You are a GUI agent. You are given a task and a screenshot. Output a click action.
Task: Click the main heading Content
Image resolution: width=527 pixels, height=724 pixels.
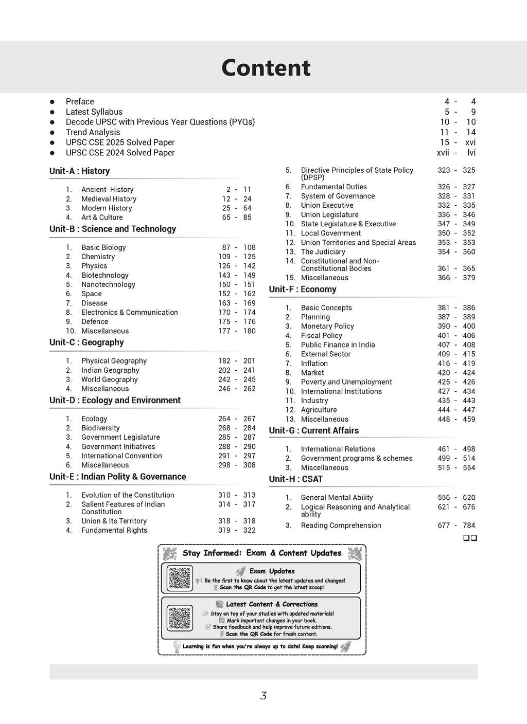[266, 68]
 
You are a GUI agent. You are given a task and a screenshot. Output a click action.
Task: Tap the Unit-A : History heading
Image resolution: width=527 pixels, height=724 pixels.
[80, 171]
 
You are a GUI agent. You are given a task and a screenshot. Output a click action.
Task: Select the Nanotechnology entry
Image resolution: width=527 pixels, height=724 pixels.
[108, 284]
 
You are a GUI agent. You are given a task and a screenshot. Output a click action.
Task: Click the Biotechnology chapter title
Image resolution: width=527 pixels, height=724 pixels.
[105, 275]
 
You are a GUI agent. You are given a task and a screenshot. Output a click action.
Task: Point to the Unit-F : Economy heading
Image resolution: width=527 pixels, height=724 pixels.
[303, 289]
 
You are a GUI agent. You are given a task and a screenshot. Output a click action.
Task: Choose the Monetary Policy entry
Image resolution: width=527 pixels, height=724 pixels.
[327, 326]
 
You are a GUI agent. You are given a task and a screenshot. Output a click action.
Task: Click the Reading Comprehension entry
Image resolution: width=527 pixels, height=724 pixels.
[341, 525]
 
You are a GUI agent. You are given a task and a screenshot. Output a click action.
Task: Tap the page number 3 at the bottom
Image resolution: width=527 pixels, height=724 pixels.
[263, 696]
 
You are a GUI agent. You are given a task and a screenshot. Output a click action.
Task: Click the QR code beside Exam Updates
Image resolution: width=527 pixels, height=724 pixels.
[180, 578]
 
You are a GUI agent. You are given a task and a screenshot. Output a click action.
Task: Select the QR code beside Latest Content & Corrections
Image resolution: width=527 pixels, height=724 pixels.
[180, 618]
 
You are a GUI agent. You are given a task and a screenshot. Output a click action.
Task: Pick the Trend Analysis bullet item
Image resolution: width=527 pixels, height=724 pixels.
[93, 132]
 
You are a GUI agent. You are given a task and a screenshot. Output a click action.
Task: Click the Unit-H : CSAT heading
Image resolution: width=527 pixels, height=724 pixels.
[296, 479]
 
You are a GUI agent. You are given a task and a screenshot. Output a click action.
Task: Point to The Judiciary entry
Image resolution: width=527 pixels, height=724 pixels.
[323, 251]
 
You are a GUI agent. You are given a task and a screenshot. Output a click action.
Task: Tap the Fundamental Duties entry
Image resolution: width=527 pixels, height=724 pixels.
[333, 187]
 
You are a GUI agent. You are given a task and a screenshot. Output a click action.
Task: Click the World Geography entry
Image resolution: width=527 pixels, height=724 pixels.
[110, 379]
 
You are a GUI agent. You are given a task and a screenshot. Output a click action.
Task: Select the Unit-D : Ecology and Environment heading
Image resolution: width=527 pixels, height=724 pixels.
[115, 401]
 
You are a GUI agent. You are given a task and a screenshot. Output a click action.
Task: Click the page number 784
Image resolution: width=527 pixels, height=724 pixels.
[469, 525]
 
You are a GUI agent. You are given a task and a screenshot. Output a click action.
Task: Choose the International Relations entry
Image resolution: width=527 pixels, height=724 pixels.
[338, 449]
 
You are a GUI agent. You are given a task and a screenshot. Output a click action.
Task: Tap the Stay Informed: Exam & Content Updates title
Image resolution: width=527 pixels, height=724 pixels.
[262, 553]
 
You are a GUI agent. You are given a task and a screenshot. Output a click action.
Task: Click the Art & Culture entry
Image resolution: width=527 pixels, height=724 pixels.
[102, 218]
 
